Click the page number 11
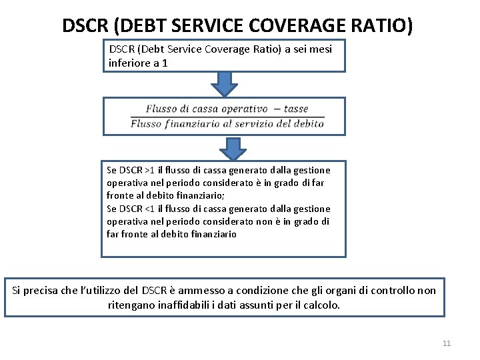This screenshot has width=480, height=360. click(x=447, y=343)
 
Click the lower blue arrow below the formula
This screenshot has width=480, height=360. click(x=232, y=148)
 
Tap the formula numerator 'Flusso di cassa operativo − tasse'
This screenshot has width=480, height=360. click(x=227, y=109)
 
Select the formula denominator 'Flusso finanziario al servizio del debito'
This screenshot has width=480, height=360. click(x=227, y=123)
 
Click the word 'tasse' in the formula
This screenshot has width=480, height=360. click(x=295, y=109)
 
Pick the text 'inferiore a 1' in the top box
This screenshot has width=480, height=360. click(x=138, y=63)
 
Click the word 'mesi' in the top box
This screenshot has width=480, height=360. click(x=320, y=49)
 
